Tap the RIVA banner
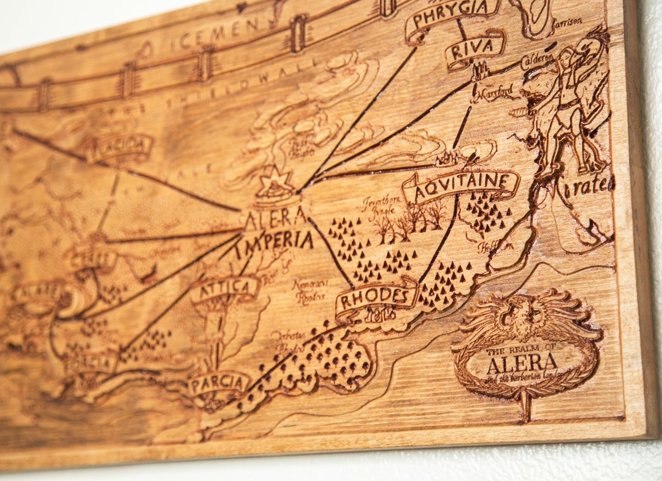point(476,49)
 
